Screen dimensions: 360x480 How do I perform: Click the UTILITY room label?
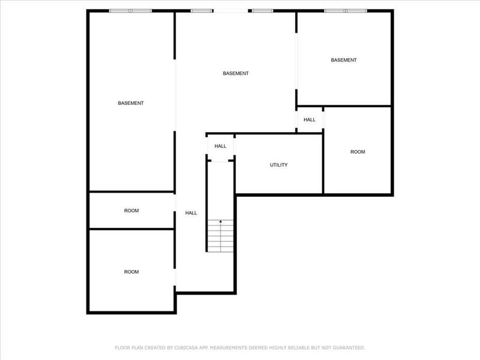[x=279, y=165]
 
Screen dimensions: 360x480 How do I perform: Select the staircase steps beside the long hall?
[x=221, y=236]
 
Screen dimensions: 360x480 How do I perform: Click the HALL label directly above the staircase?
[x=220, y=146]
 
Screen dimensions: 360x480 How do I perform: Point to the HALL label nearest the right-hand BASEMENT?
[x=310, y=120]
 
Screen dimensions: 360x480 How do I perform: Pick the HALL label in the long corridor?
[x=191, y=213]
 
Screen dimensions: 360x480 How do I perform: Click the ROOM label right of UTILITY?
[x=358, y=152]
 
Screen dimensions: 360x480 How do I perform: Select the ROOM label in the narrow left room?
[x=131, y=211]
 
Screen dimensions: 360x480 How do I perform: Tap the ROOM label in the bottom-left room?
[x=131, y=272]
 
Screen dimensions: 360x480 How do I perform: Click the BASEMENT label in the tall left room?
[x=131, y=103]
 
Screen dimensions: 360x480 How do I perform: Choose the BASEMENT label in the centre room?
[x=236, y=74]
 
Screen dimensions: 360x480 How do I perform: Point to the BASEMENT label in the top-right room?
[x=344, y=60]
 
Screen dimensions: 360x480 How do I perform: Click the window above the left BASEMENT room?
[x=130, y=10]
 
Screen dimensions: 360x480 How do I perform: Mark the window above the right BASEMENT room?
[x=345, y=10]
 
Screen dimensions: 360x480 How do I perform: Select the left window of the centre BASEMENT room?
[x=202, y=10]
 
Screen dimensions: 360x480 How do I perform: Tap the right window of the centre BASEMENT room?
[x=262, y=10]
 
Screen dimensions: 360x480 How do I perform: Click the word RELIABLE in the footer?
[x=298, y=347]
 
